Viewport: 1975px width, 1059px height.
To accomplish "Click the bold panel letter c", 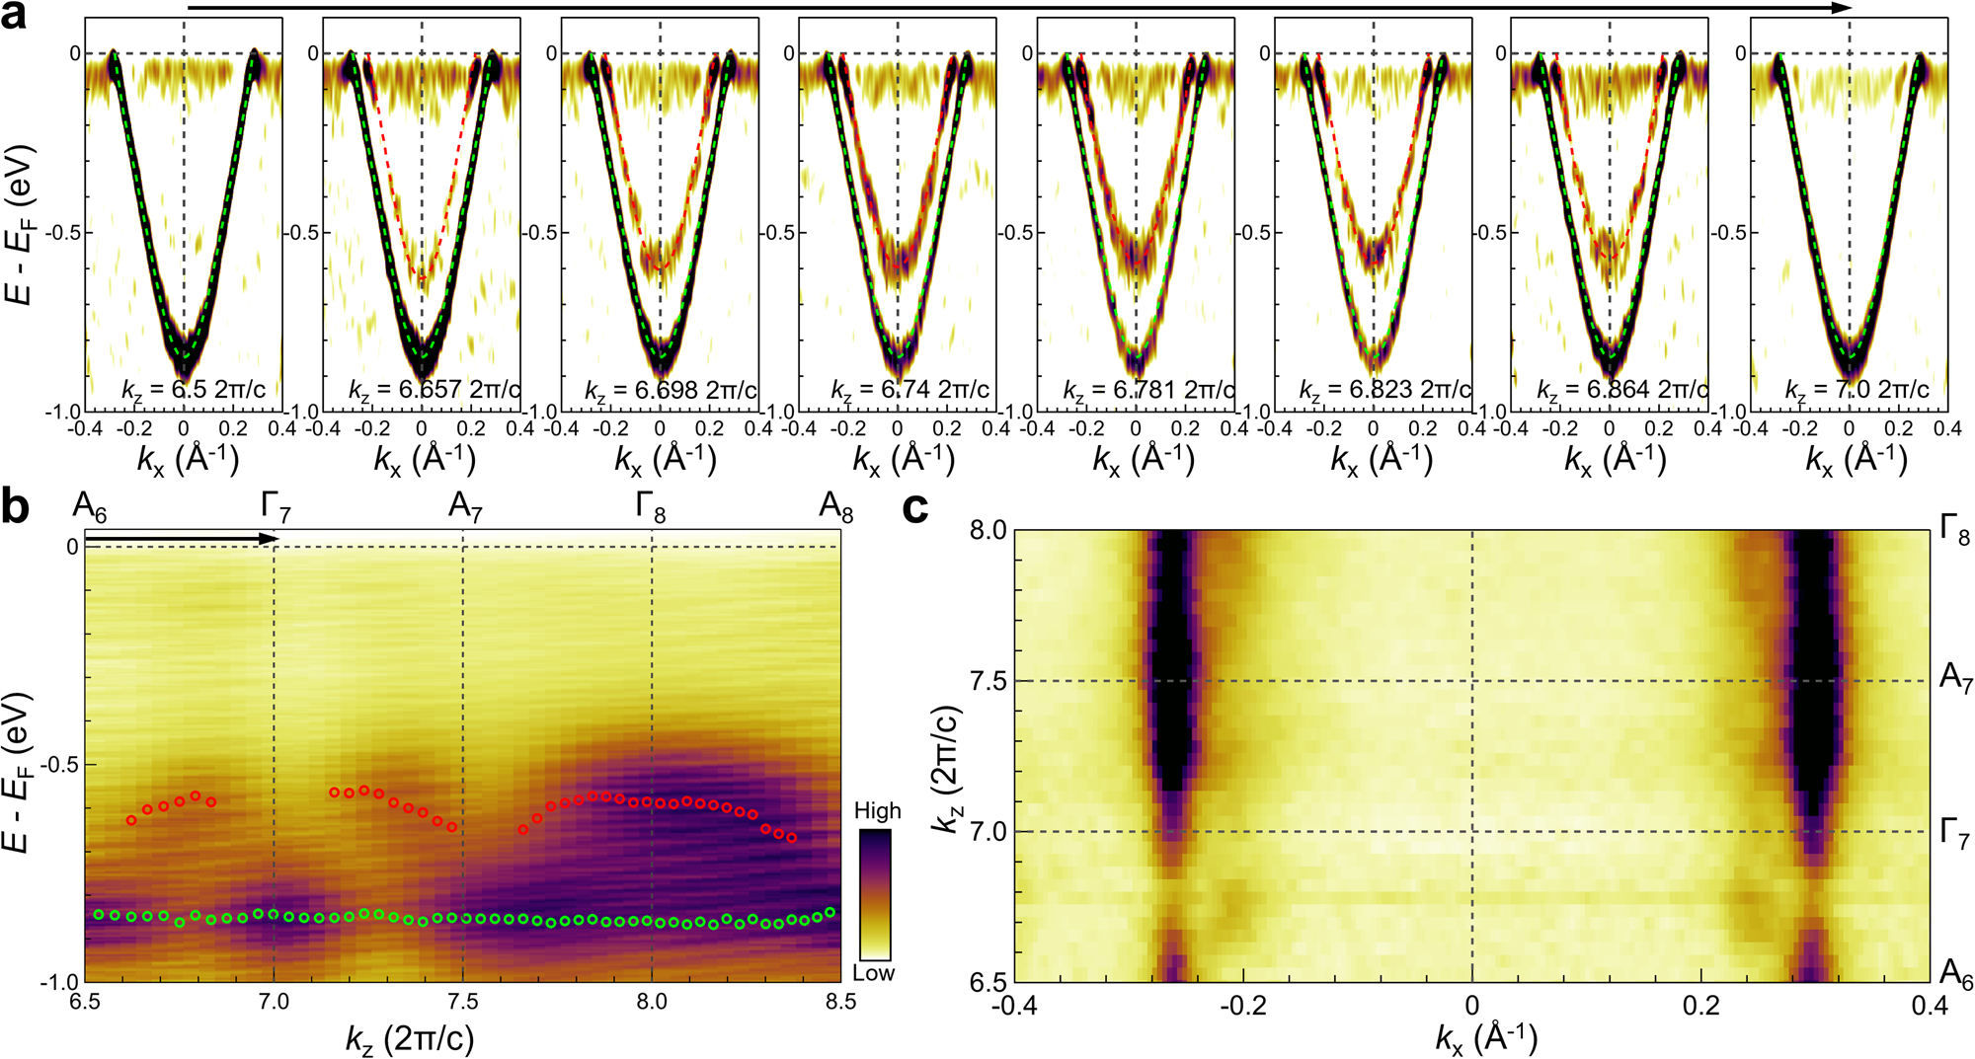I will coord(917,507).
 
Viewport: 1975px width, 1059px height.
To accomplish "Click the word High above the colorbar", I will coord(877,811).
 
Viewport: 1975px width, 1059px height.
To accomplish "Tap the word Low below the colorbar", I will coord(873,973).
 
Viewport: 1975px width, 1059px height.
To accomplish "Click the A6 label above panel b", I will coord(89,507).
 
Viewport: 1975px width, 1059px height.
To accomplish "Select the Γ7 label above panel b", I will coord(276,507).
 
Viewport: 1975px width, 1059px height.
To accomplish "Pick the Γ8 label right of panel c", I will coord(1954,531).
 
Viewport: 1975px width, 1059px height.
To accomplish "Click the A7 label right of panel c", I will coord(1954,678).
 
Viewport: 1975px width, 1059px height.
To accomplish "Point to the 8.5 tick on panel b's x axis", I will coord(840,1003).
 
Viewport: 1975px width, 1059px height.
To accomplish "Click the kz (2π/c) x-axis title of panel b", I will coord(409,1037).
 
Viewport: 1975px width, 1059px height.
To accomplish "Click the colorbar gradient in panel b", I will coord(874,894).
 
